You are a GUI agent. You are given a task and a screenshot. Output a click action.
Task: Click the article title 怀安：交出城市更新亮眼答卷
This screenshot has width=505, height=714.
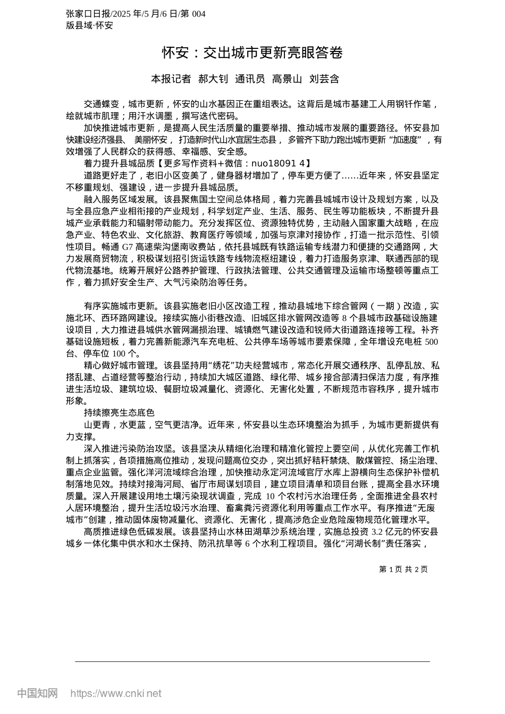[x=252, y=53]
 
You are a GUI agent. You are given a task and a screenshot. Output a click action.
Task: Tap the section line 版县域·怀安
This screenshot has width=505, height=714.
[x=89, y=25]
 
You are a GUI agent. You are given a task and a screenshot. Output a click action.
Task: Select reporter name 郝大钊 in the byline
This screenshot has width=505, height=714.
[x=213, y=79]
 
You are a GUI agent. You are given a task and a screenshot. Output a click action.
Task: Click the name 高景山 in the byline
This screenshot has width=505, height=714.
[x=287, y=79]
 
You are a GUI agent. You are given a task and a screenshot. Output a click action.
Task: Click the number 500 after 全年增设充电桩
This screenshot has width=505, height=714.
[x=432, y=342]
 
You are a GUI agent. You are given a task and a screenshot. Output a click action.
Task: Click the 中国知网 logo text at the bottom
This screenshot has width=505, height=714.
[x=37, y=693]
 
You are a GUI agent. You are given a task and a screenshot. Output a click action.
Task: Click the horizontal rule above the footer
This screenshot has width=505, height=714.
[x=252, y=661]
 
